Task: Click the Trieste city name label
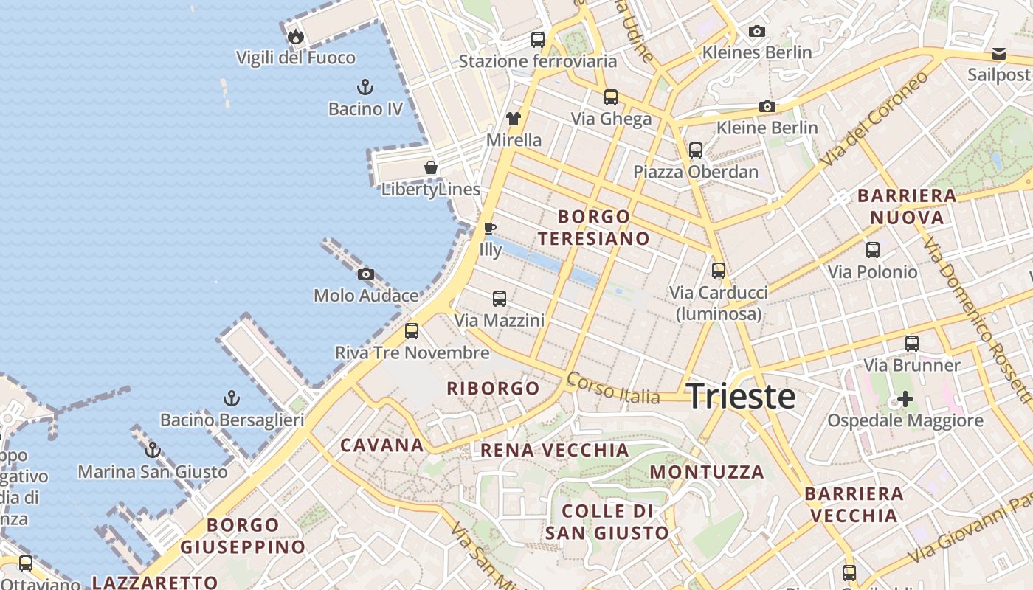click(x=741, y=397)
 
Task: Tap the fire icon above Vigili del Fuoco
click(x=295, y=36)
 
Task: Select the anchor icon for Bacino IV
click(x=365, y=87)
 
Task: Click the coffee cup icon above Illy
click(x=489, y=228)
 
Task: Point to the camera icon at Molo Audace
click(x=365, y=274)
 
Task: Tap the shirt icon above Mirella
click(x=514, y=118)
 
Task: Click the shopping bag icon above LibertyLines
click(x=431, y=167)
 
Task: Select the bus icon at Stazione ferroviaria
click(x=538, y=40)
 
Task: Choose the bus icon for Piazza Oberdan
click(x=696, y=150)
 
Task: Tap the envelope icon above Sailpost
click(x=999, y=53)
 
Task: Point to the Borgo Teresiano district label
click(x=594, y=227)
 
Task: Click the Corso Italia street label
click(x=613, y=389)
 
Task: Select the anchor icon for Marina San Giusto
click(x=153, y=450)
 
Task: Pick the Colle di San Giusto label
click(x=607, y=521)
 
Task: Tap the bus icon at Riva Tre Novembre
click(x=412, y=331)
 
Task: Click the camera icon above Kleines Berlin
click(x=756, y=31)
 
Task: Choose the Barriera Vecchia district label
click(x=854, y=504)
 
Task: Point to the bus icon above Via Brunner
click(x=912, y=344)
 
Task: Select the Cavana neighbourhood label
click(x=382, y=445)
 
